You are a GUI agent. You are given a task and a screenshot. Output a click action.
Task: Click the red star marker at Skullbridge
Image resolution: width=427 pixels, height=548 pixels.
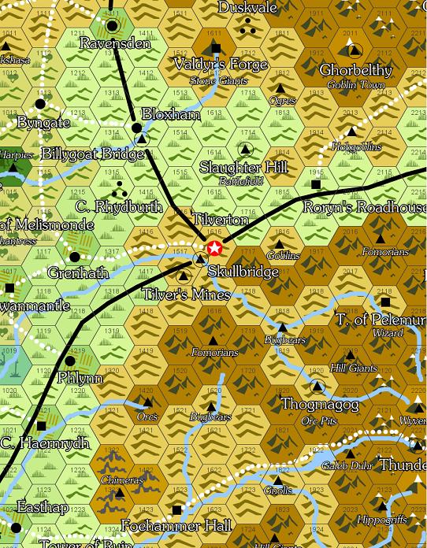214,250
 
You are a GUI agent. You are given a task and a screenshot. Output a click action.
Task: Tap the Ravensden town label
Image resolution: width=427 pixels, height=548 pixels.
115,44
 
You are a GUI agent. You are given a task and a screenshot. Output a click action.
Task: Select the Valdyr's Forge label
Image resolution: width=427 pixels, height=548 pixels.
210,65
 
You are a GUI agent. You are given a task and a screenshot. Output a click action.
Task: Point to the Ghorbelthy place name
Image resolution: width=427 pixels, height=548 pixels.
355,71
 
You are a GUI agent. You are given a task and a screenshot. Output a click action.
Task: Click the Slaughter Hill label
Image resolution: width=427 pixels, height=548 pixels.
243,168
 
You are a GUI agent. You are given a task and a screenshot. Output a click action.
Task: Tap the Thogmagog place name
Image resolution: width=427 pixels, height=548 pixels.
320,405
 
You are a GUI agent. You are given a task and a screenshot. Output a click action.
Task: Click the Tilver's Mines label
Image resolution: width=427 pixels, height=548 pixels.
187,294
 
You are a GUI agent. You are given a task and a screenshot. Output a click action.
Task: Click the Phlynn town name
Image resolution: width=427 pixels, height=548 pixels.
80,378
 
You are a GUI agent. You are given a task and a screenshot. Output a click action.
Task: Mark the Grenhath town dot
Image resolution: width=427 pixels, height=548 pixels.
75,257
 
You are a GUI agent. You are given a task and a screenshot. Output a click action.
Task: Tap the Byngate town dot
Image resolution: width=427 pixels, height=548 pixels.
40,103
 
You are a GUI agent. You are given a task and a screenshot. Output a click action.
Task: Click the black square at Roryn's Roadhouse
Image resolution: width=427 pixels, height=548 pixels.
316,184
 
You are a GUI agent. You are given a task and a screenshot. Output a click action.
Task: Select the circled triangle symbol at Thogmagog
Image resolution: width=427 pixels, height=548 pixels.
317,386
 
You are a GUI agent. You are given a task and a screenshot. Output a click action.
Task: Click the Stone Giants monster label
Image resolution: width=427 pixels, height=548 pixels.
218,80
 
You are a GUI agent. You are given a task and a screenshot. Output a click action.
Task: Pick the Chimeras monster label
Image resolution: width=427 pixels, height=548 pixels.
121,479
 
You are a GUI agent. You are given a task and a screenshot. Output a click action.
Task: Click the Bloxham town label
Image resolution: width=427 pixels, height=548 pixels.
171,114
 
